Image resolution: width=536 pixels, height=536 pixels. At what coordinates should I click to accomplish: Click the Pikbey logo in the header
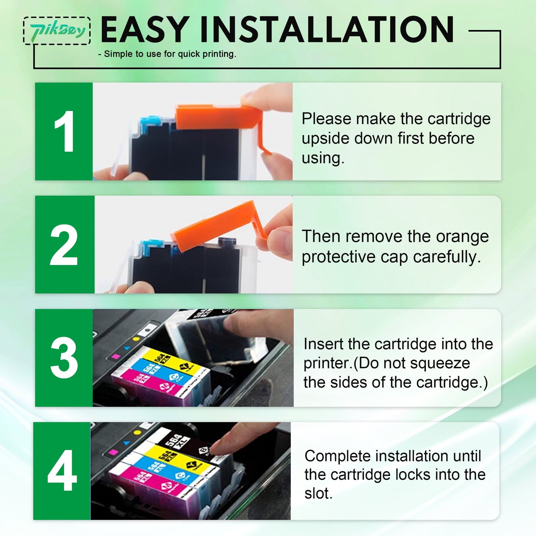(x=57, y=31)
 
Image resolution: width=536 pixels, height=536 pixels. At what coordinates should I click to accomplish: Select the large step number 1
(x=64, y=132)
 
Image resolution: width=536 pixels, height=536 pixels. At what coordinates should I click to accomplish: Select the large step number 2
(x=64, y=245)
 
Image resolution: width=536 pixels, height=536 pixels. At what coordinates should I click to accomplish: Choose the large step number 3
(x=64, y=358)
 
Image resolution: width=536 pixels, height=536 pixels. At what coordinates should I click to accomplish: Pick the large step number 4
(x=62, y=471)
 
